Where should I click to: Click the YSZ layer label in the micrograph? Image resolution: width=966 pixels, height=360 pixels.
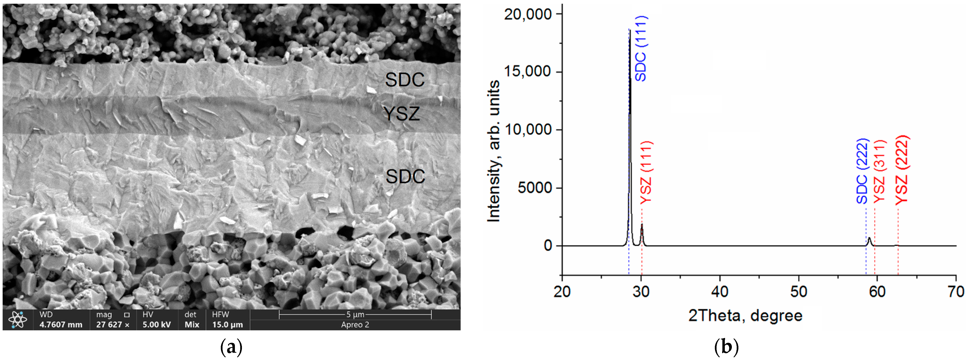(401, 114)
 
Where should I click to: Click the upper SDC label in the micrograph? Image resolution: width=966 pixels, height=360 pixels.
(405, 80)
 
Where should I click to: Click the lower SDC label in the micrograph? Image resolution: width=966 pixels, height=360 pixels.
(405, 177)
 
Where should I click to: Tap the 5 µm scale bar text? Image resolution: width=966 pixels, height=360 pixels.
(355, 314)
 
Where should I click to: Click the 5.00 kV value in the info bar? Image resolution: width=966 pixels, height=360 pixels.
(156, 325)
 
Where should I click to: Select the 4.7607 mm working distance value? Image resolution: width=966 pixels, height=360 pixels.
(61, 325)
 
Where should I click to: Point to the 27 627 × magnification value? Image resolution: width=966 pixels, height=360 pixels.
(113, 325)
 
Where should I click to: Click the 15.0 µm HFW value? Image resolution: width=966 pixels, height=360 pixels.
(227, 325)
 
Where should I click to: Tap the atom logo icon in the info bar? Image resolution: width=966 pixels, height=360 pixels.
(17, 320)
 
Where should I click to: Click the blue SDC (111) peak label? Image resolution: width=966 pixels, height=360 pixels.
(641, 49)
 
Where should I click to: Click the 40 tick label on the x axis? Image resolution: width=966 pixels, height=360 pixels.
(720, 291)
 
